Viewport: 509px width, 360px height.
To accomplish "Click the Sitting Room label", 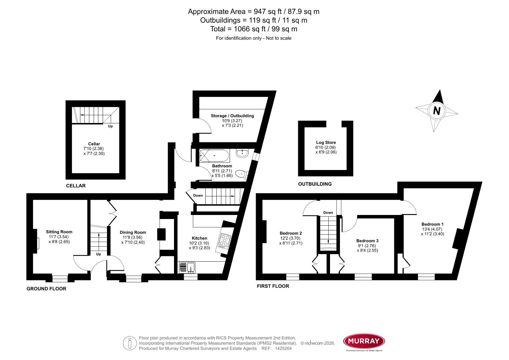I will [x=59, y=232].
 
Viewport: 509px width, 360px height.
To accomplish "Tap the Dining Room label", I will [x=133, y=232].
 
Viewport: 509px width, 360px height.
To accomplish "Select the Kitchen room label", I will [x=199, y=238].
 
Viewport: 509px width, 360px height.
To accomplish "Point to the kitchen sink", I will [x=187, y=267].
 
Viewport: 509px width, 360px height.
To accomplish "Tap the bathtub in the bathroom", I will [x=214, y=156].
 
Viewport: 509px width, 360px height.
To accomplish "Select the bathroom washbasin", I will [x=242, y=153].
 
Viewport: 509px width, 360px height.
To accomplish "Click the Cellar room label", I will [x=94, y=144].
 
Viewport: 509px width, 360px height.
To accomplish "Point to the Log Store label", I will [x=326, y=142].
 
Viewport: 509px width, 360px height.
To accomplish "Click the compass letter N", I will [x=436, y=110].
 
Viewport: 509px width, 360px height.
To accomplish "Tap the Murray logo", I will [x=364, y=341].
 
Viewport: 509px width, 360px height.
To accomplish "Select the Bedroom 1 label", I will [x=432, y=224].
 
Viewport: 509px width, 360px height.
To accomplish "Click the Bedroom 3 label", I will [x=367, y=241].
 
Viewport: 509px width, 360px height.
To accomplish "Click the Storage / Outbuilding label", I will [x=232, y=116].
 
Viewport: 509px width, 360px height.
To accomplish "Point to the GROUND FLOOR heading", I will [x=46, y=289].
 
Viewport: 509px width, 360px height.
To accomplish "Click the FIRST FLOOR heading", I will [x=273, y=286].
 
